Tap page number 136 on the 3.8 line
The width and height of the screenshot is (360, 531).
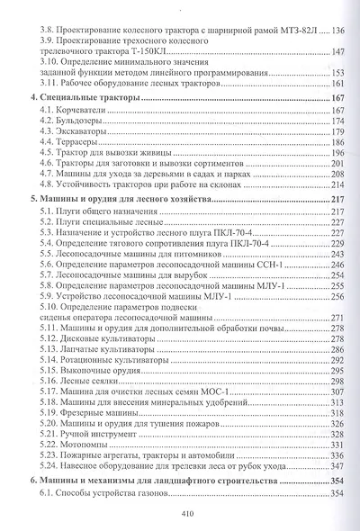point(340,31)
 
